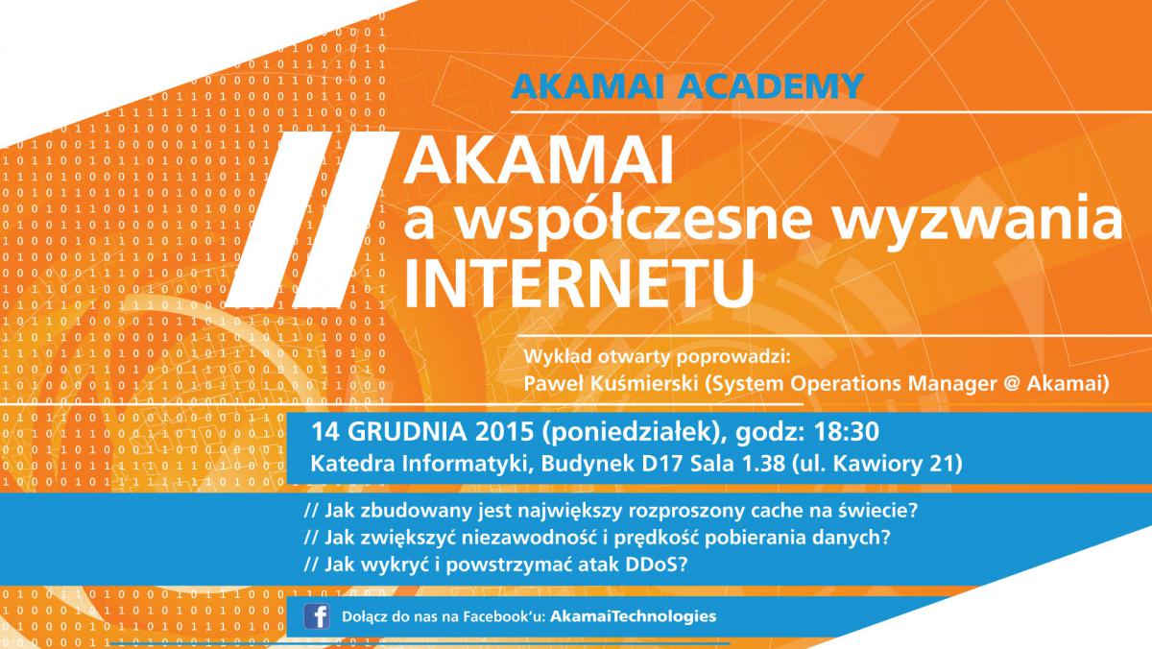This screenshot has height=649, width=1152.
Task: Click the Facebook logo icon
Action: tap(317, 616)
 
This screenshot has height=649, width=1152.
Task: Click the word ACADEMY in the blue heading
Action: tap(770, 85)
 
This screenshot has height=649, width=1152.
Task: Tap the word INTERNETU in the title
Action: tap(580, 283)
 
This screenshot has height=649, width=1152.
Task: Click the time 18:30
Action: tap(847, 432)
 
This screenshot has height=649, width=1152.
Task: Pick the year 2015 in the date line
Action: tap(505, 432)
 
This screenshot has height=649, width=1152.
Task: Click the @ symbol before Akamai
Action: tap(1012, 384)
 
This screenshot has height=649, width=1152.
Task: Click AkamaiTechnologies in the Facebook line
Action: tap(633, 616)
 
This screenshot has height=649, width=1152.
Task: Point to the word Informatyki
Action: tap(466, 465)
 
